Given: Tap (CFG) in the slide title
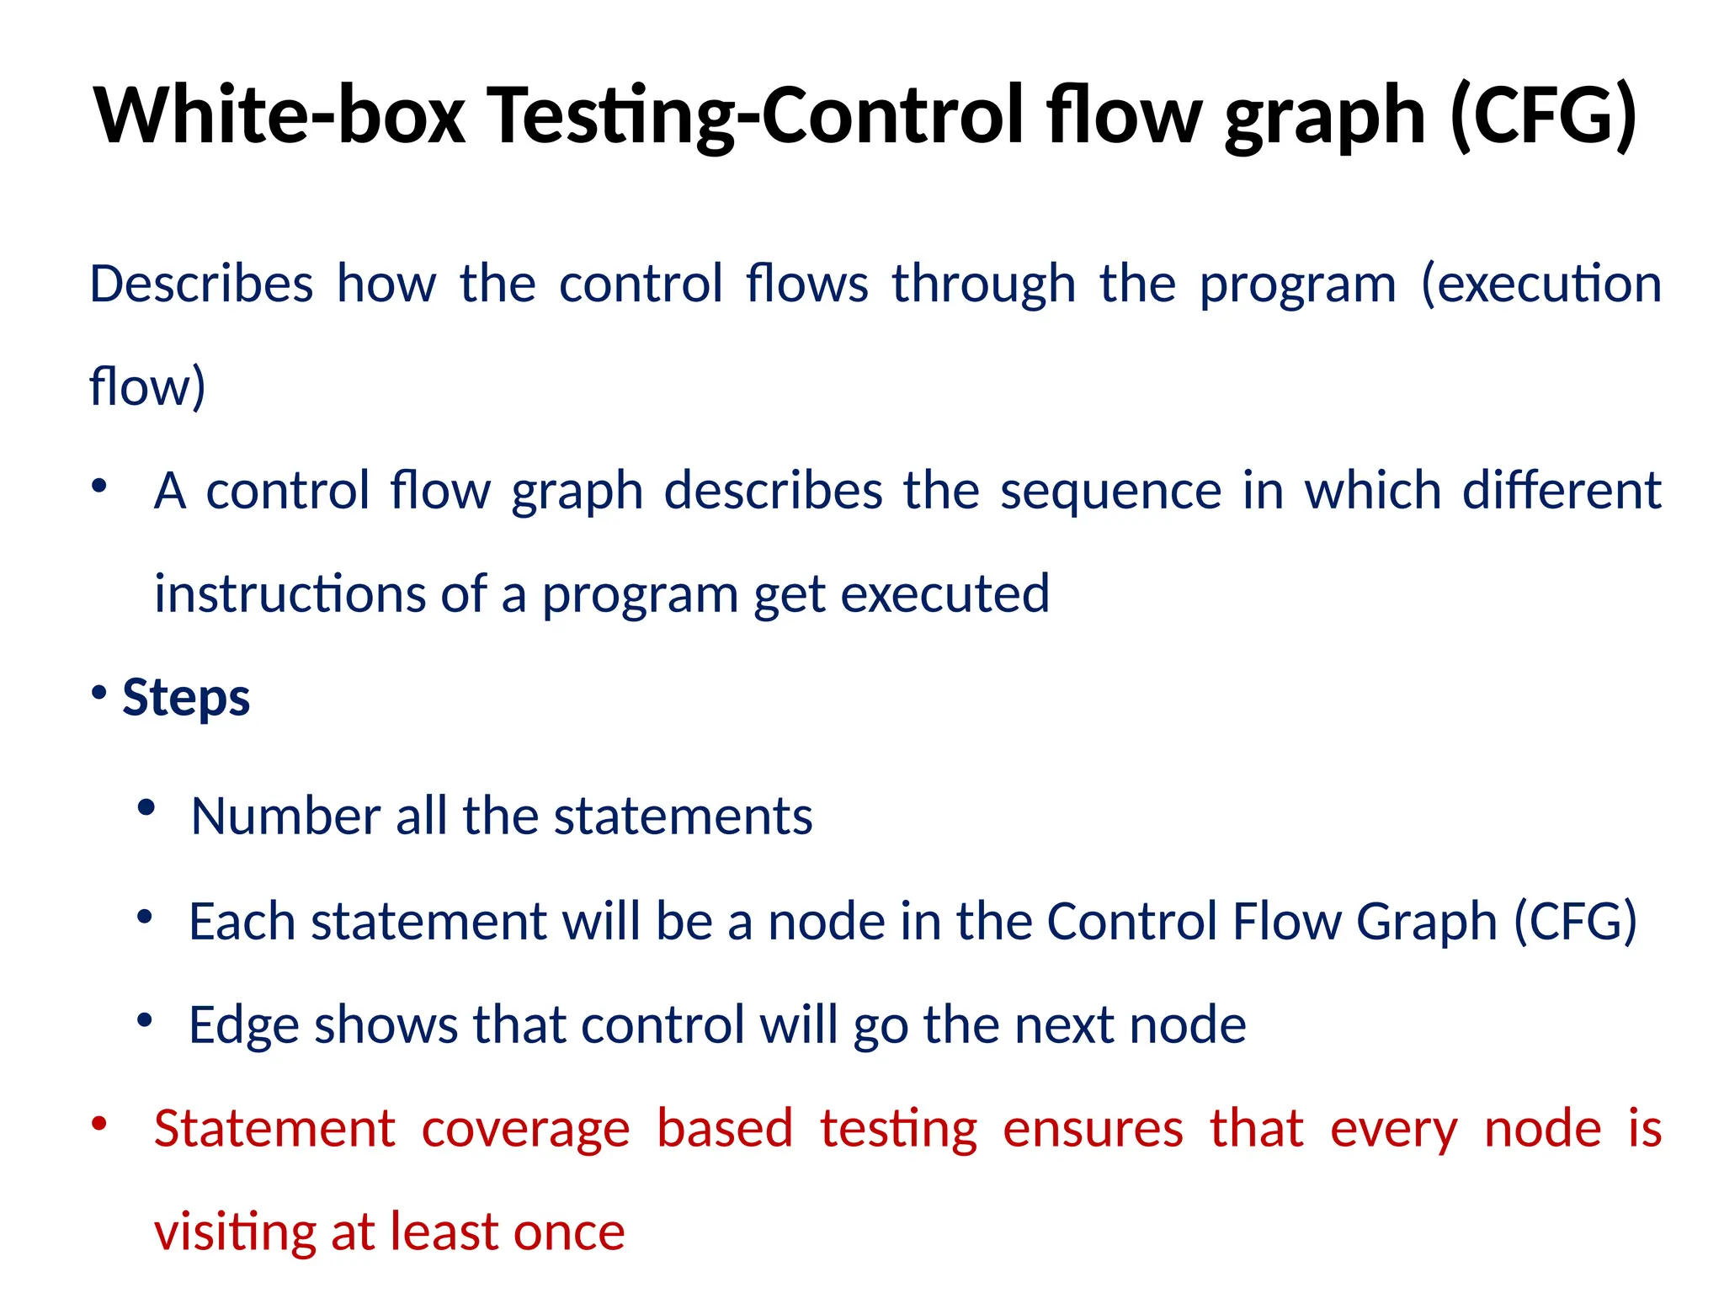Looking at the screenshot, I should (1544, 115).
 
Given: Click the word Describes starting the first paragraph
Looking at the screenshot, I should (201, 284).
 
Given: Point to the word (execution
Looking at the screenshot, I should (1540, 284).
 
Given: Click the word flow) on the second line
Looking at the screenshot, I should (147, 387).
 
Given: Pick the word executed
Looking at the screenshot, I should (944, 594).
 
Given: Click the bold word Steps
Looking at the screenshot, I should (186, 697).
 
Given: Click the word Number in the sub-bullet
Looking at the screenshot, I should (285, 817).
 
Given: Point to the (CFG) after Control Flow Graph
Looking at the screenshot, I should (1575, 921).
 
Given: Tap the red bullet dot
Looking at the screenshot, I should (99, 1124).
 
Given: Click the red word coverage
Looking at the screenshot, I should (525, 1129).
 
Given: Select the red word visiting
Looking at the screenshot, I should (235, 1232).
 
